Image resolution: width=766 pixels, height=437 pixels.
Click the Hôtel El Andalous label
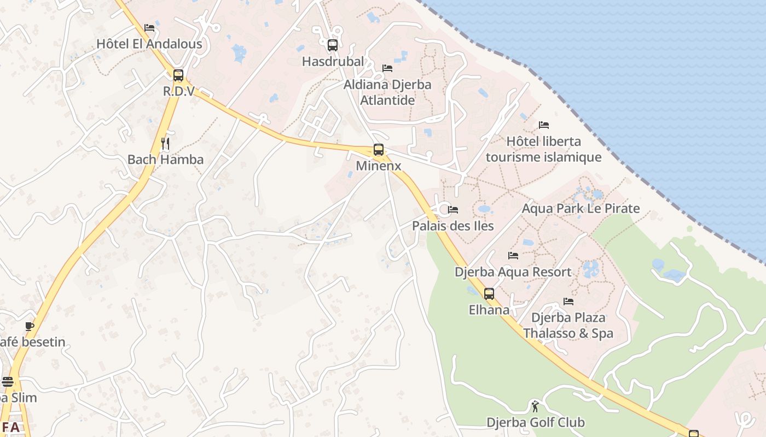click(149, 44)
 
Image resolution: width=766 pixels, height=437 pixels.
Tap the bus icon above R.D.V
click(178, 75)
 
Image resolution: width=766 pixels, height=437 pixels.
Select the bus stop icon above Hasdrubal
click(333, 45)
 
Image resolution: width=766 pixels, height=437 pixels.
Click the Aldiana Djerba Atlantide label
click(387, 92)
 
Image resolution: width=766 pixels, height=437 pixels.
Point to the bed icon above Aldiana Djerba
click(387, 68)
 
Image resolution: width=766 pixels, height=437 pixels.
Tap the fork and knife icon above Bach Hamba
click(165, 144)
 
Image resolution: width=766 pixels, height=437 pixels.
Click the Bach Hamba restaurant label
click(165, 160)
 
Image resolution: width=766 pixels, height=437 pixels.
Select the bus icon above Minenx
click(378, 150)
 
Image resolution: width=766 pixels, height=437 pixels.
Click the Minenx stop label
click(378, 166)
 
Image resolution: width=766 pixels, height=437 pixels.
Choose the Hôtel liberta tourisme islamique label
click(543, 149)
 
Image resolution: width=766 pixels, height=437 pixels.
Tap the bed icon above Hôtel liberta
click(543, 125)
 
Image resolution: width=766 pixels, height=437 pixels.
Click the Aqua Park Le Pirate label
click(581, 208)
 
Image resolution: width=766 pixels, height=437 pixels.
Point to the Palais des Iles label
click(452, 226)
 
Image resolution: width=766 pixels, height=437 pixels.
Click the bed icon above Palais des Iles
click(453, 210)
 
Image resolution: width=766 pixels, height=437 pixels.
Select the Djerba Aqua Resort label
click(513, 271)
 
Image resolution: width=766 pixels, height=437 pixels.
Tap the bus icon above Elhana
click(489, 294)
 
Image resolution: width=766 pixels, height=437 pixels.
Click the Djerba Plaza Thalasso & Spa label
click(568, 325)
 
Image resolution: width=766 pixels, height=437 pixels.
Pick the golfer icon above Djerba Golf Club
click(535, 406)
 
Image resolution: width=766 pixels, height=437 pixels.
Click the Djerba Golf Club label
click(535, 422)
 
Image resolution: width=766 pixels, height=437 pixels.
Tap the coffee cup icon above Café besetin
click(30, 327)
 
